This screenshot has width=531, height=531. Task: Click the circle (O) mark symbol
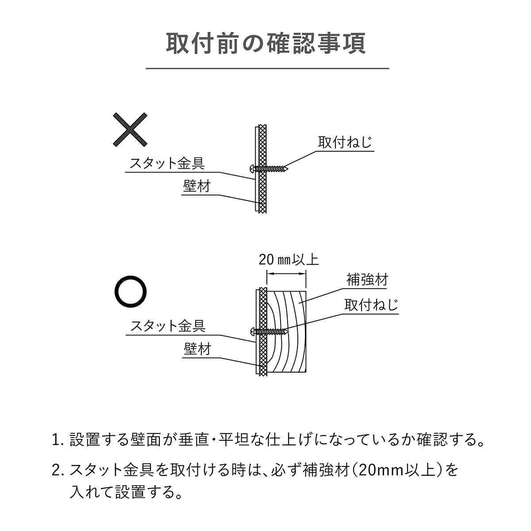[130, 292]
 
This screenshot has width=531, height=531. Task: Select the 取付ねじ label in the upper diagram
[345, 142]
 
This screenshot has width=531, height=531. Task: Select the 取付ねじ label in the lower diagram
[371, 305]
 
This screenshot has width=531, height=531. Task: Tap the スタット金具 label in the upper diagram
[167, 163]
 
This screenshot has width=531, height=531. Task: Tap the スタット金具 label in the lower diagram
[168, 326]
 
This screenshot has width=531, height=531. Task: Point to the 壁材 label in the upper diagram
[196, 186]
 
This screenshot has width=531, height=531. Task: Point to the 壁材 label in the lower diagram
[197, 349]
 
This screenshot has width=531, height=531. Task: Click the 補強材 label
[367, 280]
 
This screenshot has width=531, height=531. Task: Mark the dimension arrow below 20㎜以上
[287, 274]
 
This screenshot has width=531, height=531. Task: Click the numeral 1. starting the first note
[58, 441]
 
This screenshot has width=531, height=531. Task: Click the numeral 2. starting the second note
[58, 470]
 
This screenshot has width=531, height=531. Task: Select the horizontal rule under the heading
[267, 69]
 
